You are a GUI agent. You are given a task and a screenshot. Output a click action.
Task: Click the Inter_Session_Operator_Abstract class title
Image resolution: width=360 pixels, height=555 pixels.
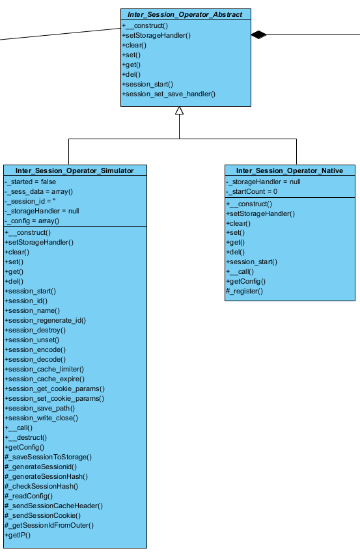(x=185, y=14)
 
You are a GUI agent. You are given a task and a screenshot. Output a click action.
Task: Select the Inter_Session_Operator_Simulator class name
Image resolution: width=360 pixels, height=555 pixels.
(x=75, y=170)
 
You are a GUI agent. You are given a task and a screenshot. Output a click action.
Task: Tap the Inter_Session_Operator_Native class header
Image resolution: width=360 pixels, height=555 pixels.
(x=290, y=170)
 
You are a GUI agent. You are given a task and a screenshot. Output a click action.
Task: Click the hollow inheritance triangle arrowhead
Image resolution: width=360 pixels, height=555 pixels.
(x=180, y=111)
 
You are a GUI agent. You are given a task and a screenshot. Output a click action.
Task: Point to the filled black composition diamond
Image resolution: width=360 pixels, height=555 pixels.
(x=258, y=34)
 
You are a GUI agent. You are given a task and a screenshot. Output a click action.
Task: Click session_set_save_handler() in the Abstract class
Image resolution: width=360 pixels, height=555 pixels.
(x=169, y=94)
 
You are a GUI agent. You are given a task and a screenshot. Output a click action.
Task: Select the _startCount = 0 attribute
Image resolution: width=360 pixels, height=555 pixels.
(x=252, y=191)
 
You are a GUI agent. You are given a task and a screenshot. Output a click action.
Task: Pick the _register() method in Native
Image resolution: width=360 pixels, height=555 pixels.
(x=245, y=291)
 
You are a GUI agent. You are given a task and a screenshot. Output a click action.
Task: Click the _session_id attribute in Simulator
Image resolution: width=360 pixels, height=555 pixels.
(x=30, y=202)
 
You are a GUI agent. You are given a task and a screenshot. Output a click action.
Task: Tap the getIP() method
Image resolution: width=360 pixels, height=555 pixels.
(x=18, y=535)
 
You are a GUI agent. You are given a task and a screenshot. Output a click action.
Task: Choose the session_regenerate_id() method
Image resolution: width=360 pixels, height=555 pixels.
(x=46, y=321)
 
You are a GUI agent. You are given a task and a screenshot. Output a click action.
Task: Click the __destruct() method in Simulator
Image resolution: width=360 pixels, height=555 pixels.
(x=26, y=438)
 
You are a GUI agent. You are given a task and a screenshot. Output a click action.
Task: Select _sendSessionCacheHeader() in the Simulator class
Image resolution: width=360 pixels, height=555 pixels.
(x=54, y=506)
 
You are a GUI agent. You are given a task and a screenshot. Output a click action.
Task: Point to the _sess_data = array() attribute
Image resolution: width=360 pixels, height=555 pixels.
(x=38, y=191)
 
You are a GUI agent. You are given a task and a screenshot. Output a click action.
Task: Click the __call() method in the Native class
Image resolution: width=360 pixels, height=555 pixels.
(x=240, y=272)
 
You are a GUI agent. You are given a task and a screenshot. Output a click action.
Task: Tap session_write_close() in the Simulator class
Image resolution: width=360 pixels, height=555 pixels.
(x=42, y=418)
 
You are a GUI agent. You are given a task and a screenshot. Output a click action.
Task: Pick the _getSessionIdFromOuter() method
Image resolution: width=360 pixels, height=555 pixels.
(x=49, y=526)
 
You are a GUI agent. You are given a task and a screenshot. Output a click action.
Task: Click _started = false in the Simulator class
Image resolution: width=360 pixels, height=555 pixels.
(x=31, y=182)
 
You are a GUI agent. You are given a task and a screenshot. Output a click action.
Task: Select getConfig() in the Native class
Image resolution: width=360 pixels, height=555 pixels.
(x=245, y=282)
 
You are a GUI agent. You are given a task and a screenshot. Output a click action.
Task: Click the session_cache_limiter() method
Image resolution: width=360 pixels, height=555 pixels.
(x=44, y=370)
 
